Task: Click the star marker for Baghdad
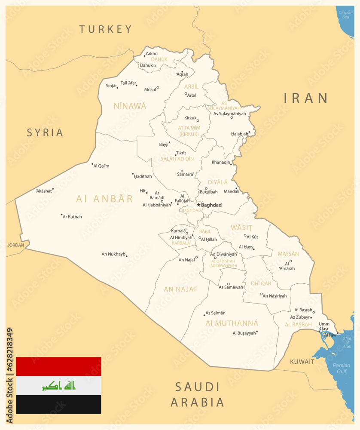[198, 205]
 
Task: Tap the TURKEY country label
[106, 29]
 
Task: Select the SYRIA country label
[45, 132]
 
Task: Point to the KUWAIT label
[302, 362]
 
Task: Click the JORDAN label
[16, 245]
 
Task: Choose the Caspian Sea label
[345, 15]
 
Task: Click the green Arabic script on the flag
[58, 385]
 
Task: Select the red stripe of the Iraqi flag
[58, 366]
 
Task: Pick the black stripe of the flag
[58, 404]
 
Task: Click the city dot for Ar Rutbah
[62, 215]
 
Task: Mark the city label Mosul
[150, 89]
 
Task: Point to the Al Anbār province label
[105, 199]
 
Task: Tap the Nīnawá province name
[130, 106]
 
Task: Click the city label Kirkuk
[190, 118]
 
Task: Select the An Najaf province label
[180, 289]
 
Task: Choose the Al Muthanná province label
[232, 323]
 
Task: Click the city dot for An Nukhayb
[126, 256]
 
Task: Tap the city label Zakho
[152, 54]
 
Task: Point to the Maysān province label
[288, 254]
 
